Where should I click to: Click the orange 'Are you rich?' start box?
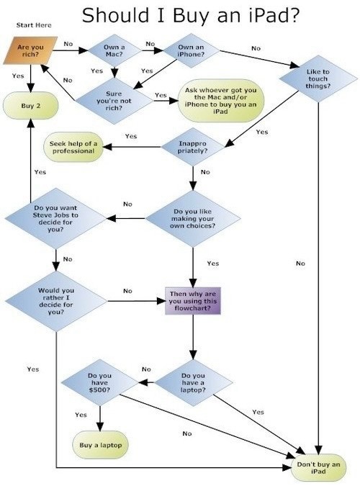point(30,50)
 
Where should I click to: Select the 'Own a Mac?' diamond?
point(114,50)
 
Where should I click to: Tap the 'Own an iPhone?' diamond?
point(192,50)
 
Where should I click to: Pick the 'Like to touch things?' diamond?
point(318,78)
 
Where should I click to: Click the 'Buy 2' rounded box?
point(31,106)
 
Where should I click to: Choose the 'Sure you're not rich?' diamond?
point(114,101)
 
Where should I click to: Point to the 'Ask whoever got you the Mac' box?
point(221,101)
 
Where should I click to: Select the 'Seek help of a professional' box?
point(73,147)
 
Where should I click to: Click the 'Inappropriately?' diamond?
point(192,147)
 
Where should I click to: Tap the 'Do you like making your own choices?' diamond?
point(193,218)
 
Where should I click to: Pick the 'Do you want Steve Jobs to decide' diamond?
point(56,218)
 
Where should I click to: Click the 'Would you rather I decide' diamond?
point(56,301)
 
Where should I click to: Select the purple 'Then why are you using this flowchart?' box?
point(193,301)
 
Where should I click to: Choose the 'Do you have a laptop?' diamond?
point(194,383)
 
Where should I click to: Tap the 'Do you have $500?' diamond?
point(100,383)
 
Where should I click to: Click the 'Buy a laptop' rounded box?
point(101,445)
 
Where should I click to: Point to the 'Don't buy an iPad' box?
point(318,468)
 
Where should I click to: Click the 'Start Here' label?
point(34,25)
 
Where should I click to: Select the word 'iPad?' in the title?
point(274,15)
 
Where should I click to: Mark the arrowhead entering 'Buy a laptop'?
point(100,427)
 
